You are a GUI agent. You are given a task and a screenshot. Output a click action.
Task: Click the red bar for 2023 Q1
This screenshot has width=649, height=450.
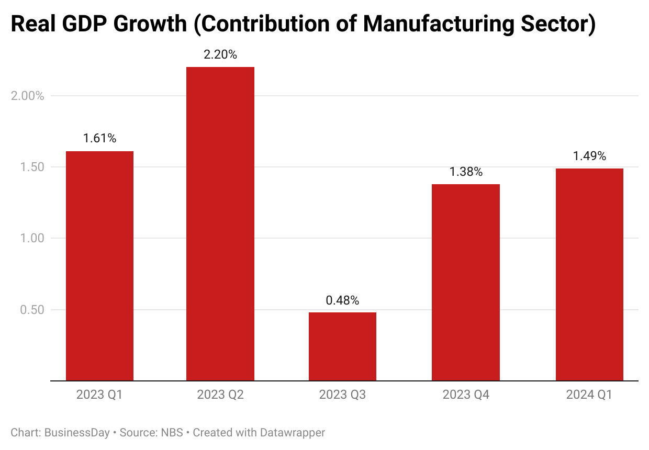tap(99, 266)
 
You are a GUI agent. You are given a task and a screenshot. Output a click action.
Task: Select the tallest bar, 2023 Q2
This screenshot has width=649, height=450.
tap(220, 224)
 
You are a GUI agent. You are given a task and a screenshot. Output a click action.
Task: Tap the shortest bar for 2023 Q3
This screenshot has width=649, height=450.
tap(342, 346)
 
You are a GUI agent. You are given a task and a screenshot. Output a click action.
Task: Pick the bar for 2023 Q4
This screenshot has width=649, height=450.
tap(466, 283)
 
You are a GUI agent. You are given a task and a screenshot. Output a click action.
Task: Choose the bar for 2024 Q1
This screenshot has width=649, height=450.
tap(589, 275)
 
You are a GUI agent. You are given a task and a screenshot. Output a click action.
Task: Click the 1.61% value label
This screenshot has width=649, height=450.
tap(99, 139)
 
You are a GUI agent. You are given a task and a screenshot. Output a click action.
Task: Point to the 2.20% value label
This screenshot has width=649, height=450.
tap(220, 54)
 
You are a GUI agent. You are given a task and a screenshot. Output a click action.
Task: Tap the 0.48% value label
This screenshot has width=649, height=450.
tap(342, 300)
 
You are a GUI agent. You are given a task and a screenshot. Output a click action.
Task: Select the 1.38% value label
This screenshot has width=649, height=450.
tap(466, 172)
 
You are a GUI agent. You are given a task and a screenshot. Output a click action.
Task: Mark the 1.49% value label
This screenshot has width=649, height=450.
tap(589, 156)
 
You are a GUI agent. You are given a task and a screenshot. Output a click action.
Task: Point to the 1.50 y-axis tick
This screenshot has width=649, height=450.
tap(32, 167)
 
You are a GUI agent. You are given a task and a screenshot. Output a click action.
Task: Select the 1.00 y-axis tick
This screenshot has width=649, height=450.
tap(32, 238)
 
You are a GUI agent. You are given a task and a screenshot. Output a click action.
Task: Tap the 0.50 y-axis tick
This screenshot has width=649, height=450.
tap(32, 310)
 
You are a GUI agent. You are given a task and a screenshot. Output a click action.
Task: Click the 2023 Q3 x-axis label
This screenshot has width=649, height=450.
tap(342, 395)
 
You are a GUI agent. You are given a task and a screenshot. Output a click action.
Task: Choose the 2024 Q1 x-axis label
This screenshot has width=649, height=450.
tap(589, 395)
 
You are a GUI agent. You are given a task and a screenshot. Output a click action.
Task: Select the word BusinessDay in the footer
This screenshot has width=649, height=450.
tap(77, 433)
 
